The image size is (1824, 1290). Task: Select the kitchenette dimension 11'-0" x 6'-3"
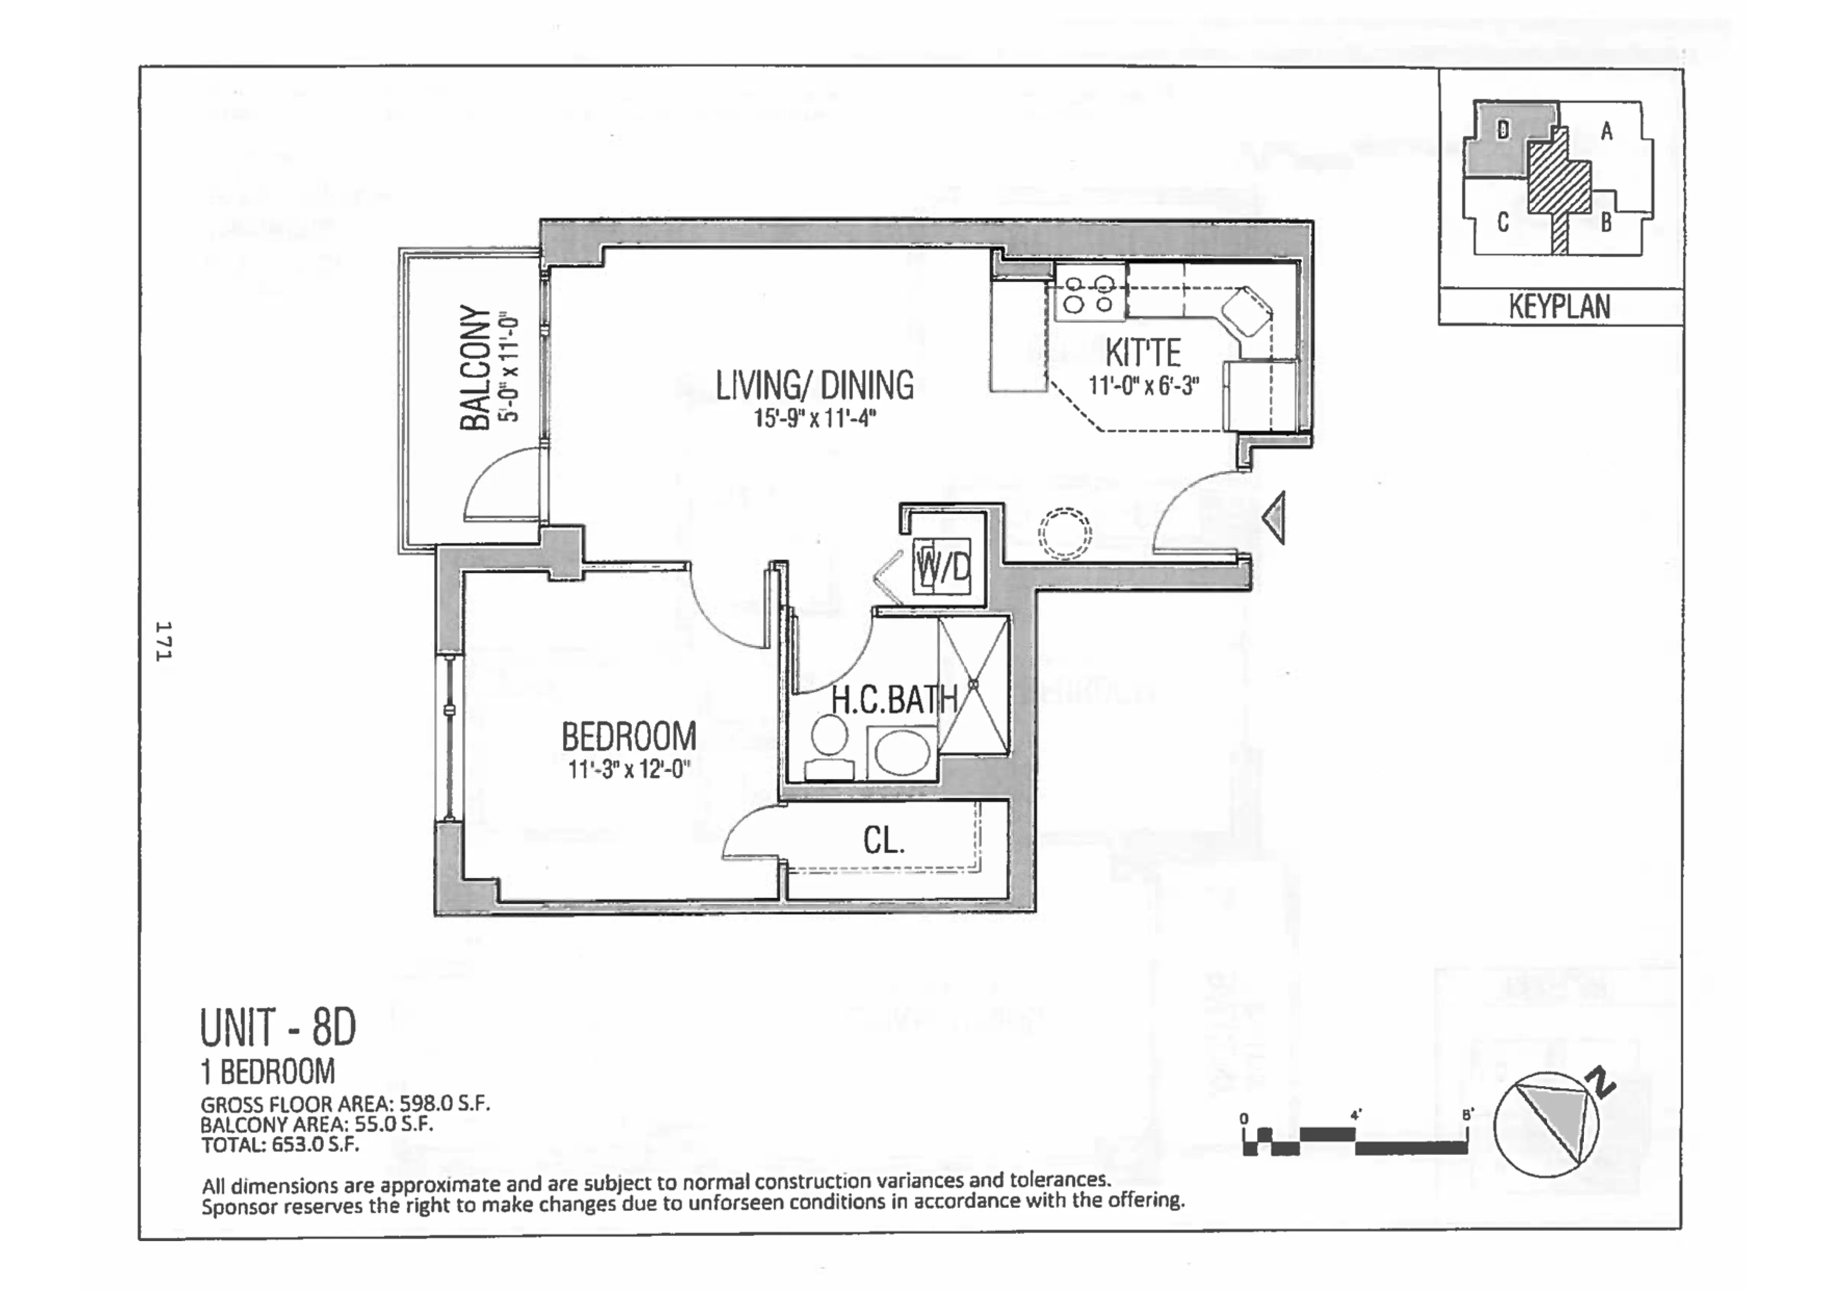pyautogui.click(x=1143, y=386)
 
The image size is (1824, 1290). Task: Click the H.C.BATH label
pyautogui.click(x=894, y=700)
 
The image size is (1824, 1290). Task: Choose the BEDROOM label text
pyautogui.click(x=629, y=737)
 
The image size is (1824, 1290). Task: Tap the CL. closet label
pyautogui.click(x=883, y=840)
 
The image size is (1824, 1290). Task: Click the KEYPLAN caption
pyautogui.click(x=1559, y=307)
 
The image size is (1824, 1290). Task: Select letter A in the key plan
pyautogui.click(x=1606, y=131)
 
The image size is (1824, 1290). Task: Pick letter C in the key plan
pyautogui.click(x=1502, y=222)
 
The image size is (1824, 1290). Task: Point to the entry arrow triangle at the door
pyautogui.click(x=1274, y=518)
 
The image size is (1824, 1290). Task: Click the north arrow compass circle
pyautogui.click(x=1545, y=1124)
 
